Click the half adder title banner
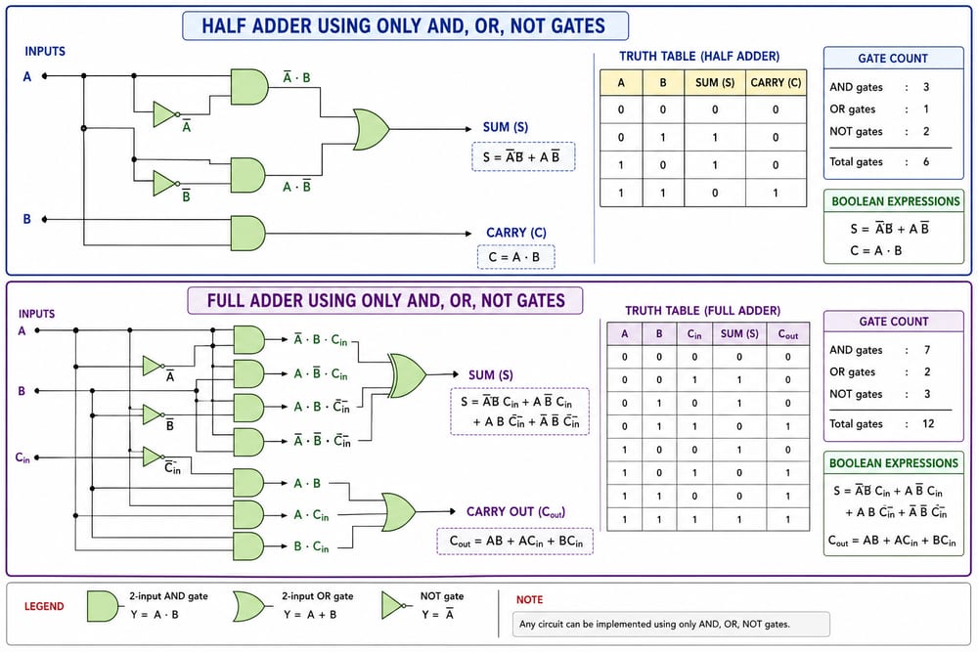tap(406, 26)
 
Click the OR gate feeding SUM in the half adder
tap(371, 130)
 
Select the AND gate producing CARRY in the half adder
tap(247, 233)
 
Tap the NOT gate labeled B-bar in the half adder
tap(166, 183)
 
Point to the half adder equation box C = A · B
tap(515, 257)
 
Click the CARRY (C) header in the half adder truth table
tap(776, 82)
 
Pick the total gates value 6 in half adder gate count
tap(926, 161)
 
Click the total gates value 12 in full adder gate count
tap(928, 424)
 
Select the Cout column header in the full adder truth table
tap(787, 334)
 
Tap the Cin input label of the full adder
tap(22, 458)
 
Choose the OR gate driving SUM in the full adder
tap(408, 375)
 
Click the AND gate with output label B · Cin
tap(248, 546)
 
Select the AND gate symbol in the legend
tap(103, 606)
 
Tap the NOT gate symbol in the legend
tap(394, 605)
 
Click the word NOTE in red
tap(529, 599)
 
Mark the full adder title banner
tap(385, 300)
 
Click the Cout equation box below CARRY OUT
tap(515, 541)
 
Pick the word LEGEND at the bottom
tap(44, 606)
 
